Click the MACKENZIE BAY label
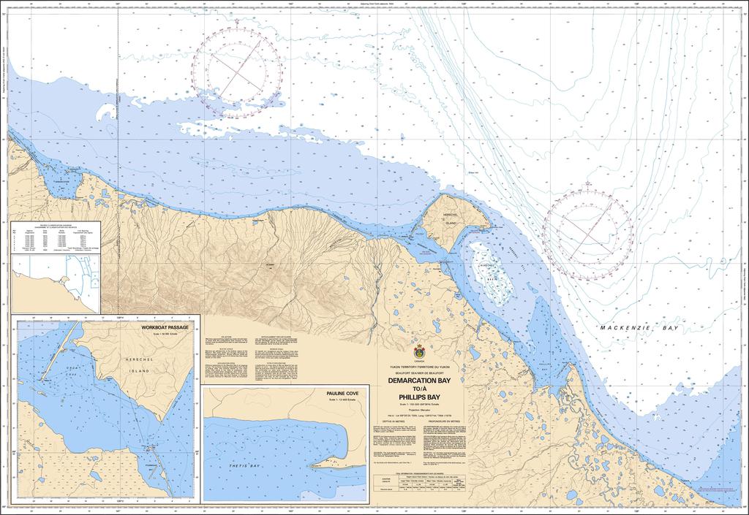coord(639,329)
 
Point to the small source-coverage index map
coord(54,282)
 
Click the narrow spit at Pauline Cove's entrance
coord(333,463)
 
